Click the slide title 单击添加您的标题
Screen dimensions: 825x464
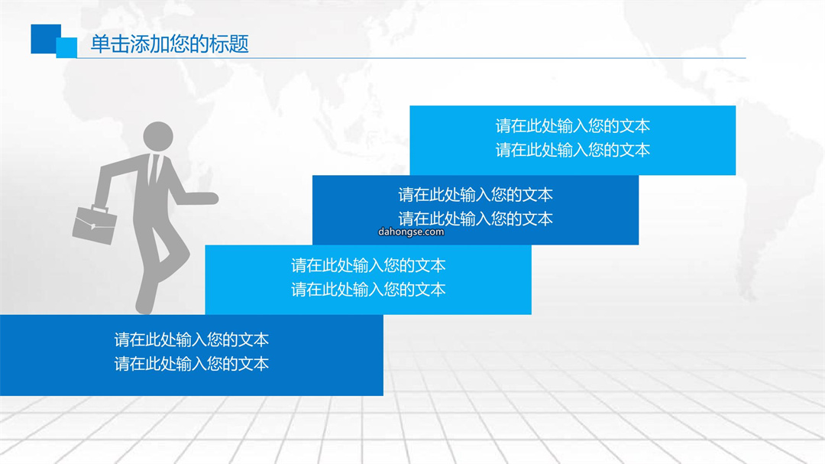[x=170, y=44]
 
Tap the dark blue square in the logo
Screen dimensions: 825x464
[x=44, y=38]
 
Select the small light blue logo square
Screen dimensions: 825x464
[x=66, y=47]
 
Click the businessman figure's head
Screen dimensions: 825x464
[x=158, y=136]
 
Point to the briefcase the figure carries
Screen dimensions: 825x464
[x=95, y=224]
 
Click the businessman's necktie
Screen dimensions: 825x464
[x=154, y=168]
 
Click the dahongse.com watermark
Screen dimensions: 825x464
[x=411, y=232]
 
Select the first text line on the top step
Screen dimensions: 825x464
[x=572, y=126]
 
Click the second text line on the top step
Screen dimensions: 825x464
[x=572, y=150]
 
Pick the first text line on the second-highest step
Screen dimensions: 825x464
[x=476, y=195]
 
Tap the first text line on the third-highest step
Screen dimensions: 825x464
[x=368, y=265]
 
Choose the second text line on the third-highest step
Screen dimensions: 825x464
[x=368, y=289]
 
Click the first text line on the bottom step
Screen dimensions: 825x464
[x=192, y=339]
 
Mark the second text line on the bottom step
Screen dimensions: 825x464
[x=192, y=364]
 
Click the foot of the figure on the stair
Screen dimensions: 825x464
[x=145, y=306]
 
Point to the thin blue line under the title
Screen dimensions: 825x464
[x=412, y=58]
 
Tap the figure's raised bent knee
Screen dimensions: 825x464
[x=183, y=254]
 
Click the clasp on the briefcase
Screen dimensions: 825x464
[x=93, y=226]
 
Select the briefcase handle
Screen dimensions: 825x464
[x=101, y=207]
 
